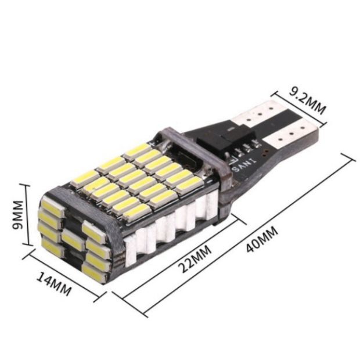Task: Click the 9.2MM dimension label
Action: coord(307,100)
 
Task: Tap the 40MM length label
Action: coord(262,239)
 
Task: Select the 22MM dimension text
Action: coord(195,259)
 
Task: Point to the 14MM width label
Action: coord(54,284)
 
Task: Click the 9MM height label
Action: coord(18,215)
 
